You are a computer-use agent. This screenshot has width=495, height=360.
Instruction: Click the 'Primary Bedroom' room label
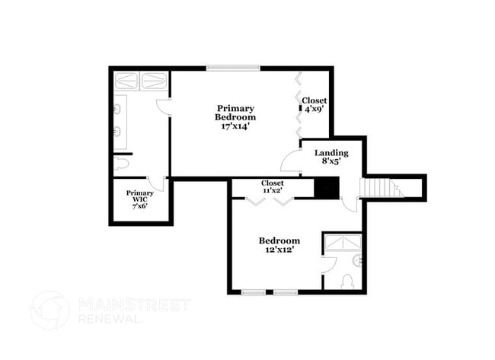[235, 113]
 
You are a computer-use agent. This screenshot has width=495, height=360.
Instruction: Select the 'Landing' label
[331, 153]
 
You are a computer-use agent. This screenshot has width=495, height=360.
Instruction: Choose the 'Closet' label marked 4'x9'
[314, 100]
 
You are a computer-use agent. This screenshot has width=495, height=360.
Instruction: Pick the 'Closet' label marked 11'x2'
[273, 183]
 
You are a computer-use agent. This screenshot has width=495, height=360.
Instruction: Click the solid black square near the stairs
[327, 187]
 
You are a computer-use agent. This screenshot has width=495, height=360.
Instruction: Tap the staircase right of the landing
[380, 187]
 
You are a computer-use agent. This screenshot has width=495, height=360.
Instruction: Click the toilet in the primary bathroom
[122, 164]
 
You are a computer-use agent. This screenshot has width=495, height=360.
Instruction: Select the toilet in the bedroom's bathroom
[347, 282]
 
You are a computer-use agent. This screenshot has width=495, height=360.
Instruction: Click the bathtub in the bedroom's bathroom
[342, 243]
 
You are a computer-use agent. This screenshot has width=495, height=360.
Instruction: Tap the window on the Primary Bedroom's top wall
[233, 68]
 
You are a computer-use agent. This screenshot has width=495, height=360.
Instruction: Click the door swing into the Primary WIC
[156, 183]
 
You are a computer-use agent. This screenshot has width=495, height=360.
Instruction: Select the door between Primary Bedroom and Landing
[290, 161]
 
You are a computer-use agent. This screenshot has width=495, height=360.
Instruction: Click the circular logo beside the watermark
[50, 311]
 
